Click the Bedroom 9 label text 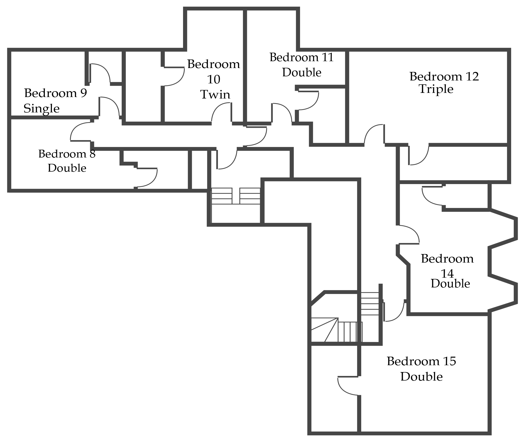(x=55, y=93)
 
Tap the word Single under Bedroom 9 (x=42, y=109)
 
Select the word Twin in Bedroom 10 (x=215, y=95)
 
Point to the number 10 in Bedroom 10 (x=214, y=80)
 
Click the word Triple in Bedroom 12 (x=436, y=89)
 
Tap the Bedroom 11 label (x=301, y=57)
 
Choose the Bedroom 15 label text (x=421, y=361)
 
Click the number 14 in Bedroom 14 (x=447, y=274)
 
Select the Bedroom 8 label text (x=67, y=154)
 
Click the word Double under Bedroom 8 (x=67, y=168)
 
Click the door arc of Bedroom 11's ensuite (x=312, y=104)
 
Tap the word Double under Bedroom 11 (x=301, y=73)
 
